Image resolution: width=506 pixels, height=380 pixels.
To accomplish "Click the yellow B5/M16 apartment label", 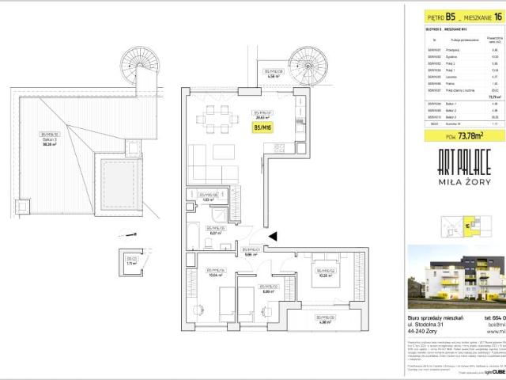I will (263, 127).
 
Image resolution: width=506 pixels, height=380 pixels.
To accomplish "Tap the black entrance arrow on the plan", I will (273, 235).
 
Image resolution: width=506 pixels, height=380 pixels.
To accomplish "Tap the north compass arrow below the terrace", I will (124, 234).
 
